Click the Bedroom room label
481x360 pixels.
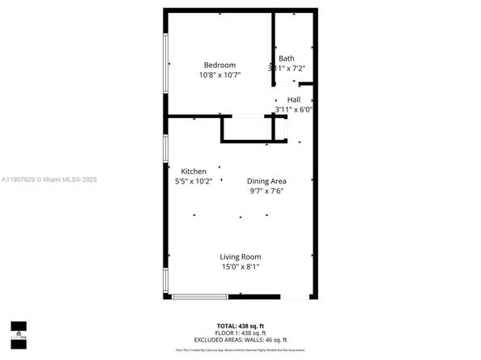pos(219,66)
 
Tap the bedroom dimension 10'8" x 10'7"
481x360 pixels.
pos(219,75)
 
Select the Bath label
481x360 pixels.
pos(287,58)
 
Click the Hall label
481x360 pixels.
pos(293,100)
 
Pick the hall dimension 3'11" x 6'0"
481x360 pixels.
pos(293,109)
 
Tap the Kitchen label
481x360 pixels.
pos(194,172)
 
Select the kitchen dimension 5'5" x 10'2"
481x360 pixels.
pos(194,181)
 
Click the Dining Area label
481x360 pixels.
pos(266,181)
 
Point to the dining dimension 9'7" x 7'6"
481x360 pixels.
pos(266,191)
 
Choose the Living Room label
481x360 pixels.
pos(240,256)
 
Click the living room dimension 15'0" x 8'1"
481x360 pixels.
pos(240,266)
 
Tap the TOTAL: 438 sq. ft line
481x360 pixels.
pos(240,324)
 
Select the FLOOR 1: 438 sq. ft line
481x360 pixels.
pos(240,332)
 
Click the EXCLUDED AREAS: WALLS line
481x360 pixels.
pos(240,339)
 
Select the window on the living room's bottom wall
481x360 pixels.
pos(199,296)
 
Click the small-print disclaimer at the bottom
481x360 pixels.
pos(240,349)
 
